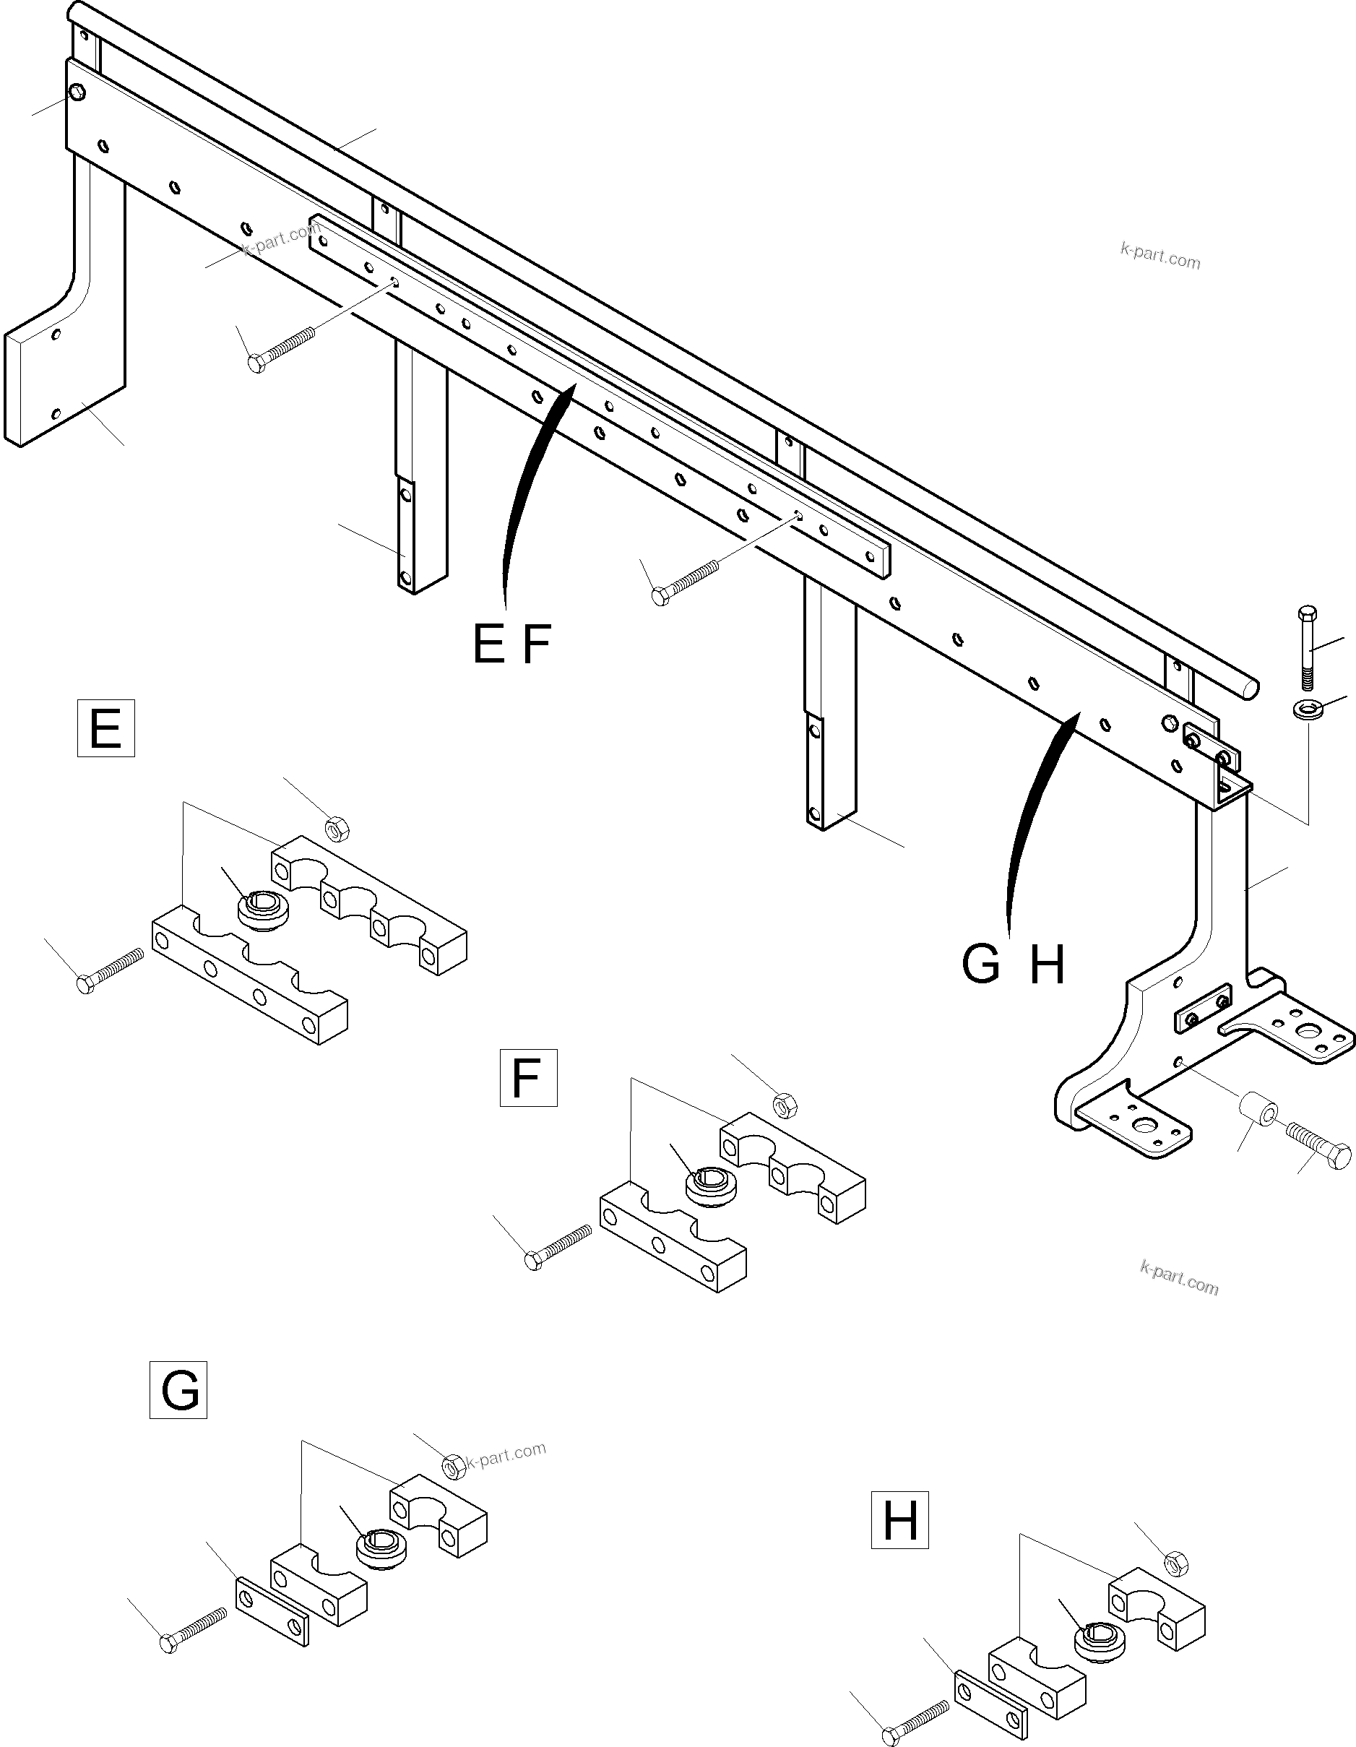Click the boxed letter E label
[x=105, y=728]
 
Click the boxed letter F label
[x=528, y=1077]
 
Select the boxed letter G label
[x=178, y=1390]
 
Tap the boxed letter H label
[x=899, y=1520]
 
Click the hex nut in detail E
[x=337, y=829]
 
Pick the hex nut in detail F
[x=785, y=1105]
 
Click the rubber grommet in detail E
[x=262, y=910]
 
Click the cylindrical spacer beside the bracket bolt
[x=1258, y=1116]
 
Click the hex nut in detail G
[x=453, y=1465]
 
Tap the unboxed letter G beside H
[x=981, y=965]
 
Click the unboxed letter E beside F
[x=488, y=644]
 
